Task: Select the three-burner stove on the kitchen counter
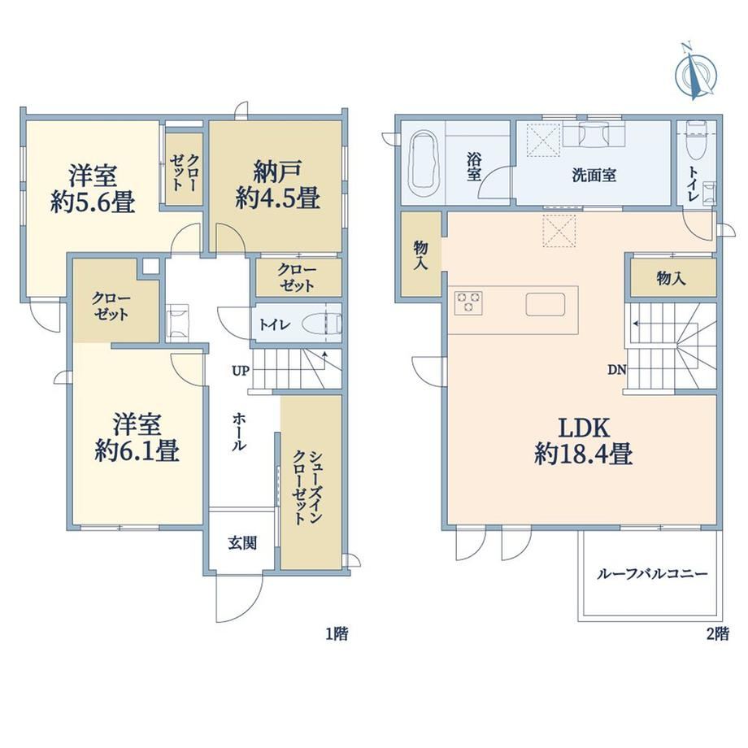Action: [x=468, y=303]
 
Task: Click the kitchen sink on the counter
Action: [x=546, y=304]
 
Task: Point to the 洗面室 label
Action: [x=594, y=175]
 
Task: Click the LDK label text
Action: [x=584, y=428]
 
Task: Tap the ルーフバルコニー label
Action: [x=652, y=573]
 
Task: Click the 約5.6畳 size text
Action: [x=93, y=202]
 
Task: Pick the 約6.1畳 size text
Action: [x=137, y=450]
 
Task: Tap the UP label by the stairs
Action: [x=241, y=370]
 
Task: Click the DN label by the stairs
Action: [x=616, y=369]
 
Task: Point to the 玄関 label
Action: [x=242, y=543]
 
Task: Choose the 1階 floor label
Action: [x=337, y=633]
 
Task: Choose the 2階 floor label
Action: [x=717, y=633]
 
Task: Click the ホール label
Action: [x=240, y=433]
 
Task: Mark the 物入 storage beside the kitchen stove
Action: [x=421, y=255]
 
